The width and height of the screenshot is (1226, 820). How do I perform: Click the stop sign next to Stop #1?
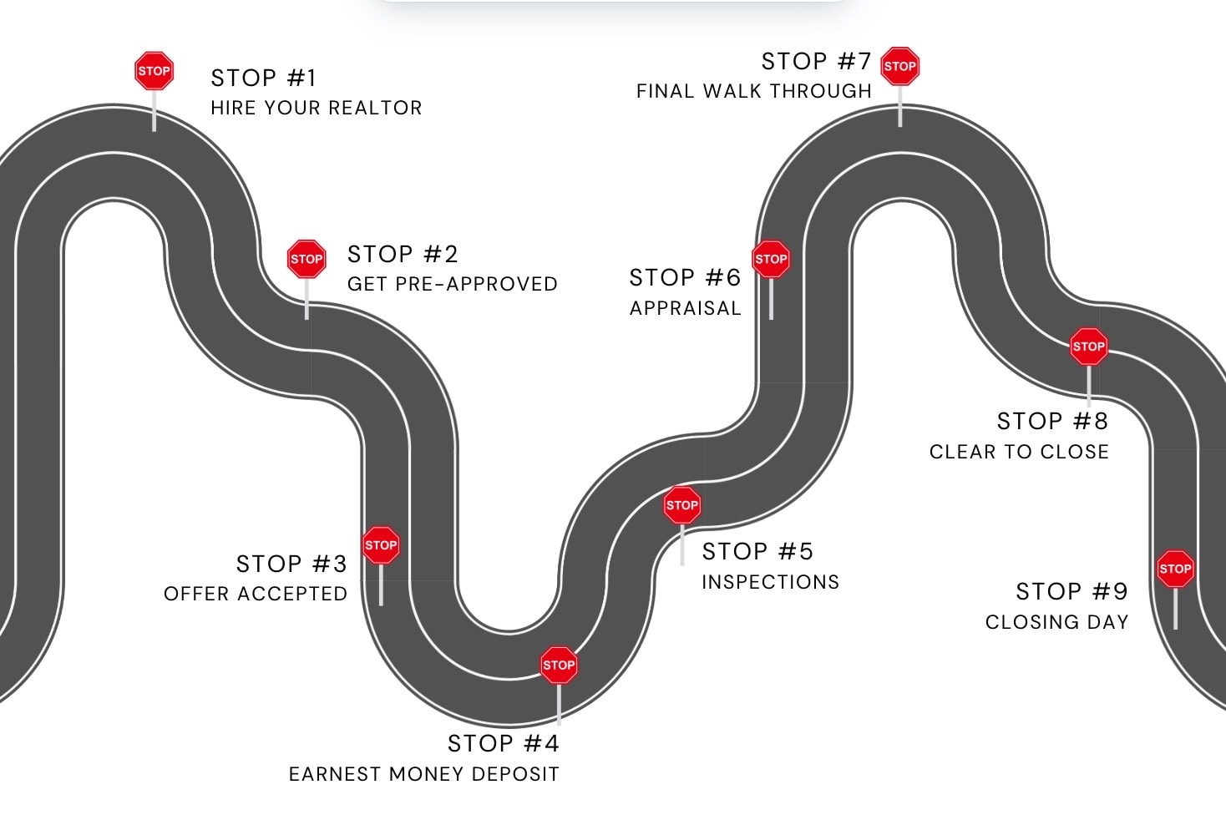tap(154, 71)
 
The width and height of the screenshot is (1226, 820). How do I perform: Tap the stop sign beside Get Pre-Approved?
tap(306, 259)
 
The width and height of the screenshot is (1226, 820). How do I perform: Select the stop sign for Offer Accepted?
tap(381, 545)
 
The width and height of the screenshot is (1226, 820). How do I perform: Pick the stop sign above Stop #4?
tap(559, 666)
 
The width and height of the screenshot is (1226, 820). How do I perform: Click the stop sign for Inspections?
tap(682, 505)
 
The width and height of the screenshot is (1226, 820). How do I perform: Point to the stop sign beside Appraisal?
tap(771, 259)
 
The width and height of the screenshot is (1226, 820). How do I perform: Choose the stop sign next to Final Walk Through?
tap(900, 66)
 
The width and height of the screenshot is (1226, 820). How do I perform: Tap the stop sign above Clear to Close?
tap(1089, 347)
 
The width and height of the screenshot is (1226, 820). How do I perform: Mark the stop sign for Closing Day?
tap(1175, 569)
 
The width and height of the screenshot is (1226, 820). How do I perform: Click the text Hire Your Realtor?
tap(317, 108)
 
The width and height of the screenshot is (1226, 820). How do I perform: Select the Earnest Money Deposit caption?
tap(423, 774)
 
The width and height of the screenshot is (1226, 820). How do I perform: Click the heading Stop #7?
tap(816, 61)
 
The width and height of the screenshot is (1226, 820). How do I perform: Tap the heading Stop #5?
tap(757, 551)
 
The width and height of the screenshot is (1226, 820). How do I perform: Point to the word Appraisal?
tap(685, 308)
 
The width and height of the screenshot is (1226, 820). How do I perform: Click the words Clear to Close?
tap(1019, 452)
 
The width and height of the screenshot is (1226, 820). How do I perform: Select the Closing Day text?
tap(1056, 622)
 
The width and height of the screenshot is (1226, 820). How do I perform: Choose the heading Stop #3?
tap(291, 564)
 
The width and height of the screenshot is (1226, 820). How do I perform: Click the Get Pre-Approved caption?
tap(452, 284)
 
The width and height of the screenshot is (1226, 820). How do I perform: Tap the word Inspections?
tap(770, 582)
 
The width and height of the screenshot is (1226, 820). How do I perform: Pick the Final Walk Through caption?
tap(753, 91)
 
